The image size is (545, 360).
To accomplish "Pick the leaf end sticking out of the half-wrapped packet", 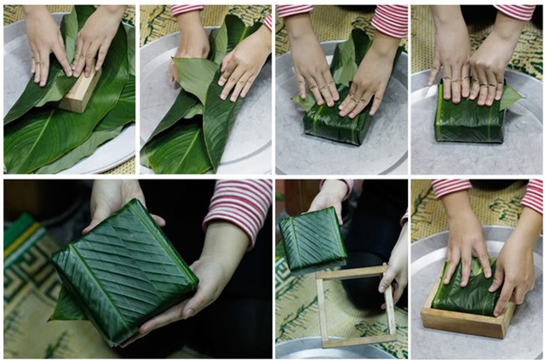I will [301, 103].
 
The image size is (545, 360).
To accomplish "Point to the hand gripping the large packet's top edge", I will [115, 201].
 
